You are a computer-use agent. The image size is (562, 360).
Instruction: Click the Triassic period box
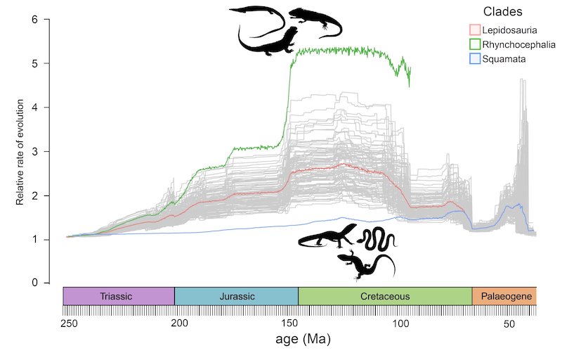(118, 296)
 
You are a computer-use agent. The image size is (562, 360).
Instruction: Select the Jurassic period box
(236, 296)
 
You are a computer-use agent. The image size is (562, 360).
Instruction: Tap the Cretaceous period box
(385, 296)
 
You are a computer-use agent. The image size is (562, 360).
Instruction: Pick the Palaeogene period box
(504, 296)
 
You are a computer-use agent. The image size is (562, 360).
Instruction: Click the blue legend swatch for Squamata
(475, 59)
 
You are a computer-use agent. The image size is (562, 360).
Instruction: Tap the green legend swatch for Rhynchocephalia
(475, 44)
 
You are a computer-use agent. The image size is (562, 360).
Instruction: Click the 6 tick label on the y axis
(34, 20)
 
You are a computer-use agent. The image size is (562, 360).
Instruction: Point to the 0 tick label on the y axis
(34, 283)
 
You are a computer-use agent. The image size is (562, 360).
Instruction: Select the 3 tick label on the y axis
(34, 152)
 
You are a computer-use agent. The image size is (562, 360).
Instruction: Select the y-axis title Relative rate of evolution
(20, 151)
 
